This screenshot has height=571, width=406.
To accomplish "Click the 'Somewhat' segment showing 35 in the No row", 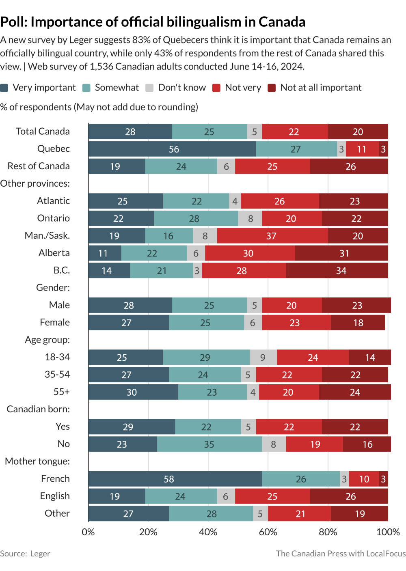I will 209,444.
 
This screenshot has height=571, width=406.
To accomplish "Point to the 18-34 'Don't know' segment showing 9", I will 263,358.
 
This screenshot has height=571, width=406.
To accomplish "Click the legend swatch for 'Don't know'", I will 149,88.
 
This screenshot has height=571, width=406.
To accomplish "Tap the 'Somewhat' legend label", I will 117,88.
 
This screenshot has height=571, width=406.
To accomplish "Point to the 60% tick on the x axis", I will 268,532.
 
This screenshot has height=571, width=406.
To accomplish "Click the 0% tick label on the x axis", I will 88,532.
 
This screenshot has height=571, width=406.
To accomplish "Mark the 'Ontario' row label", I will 53,218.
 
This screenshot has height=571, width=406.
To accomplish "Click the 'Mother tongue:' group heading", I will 37,461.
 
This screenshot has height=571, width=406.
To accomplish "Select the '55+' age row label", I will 62,392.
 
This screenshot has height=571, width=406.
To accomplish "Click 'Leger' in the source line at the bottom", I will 40,554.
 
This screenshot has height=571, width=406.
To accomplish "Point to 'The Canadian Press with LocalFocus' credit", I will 341,554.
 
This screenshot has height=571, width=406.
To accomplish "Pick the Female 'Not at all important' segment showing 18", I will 358,323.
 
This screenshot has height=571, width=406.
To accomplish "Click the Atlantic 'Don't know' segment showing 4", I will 235,201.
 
